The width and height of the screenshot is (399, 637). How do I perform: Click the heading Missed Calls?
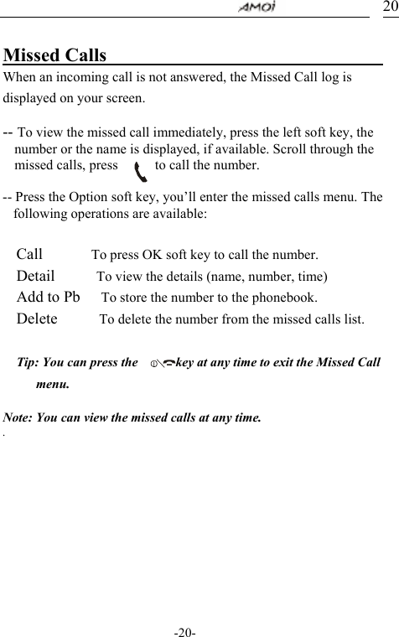coord(55,55)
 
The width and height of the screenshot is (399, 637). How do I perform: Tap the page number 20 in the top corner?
coord(390,7)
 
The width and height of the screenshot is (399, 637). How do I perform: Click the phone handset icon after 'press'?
coord(141,169)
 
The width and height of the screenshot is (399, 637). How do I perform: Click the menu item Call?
coord(30,254)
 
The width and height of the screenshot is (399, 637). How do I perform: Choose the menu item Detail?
coord(36,275)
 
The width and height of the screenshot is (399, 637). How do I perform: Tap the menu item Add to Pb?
coord(49,297)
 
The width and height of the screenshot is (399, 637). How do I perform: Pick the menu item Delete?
coord(37,318)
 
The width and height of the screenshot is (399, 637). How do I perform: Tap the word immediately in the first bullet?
coord(165,132)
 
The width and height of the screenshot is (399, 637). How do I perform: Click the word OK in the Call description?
coord(154,255)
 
